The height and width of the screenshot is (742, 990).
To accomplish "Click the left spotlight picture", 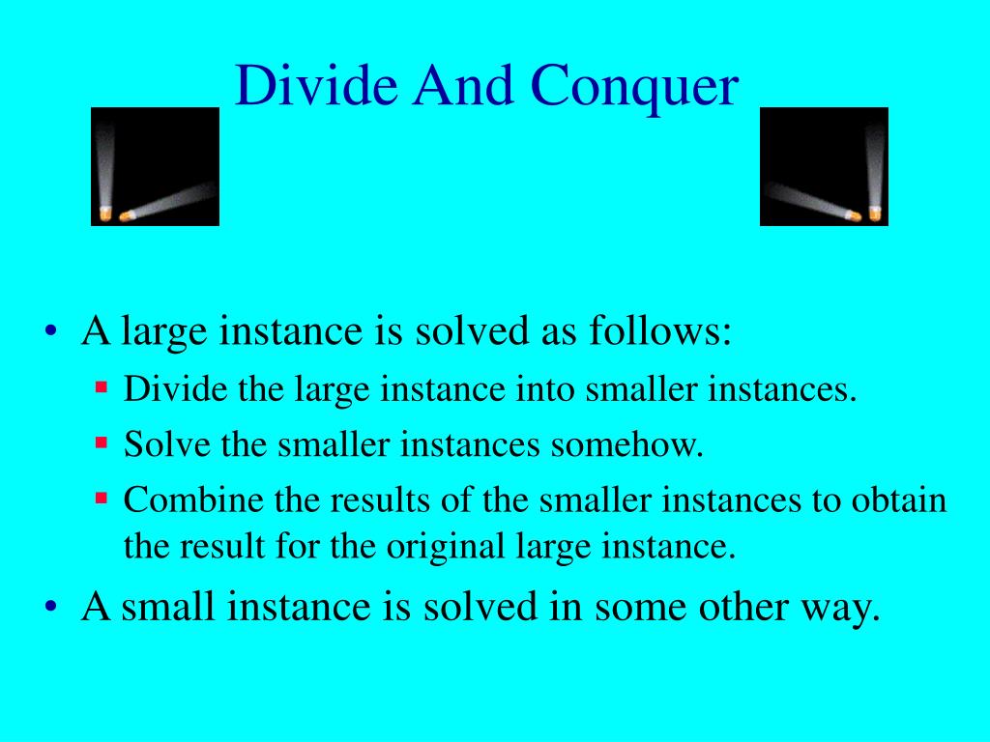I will tap(155, 166).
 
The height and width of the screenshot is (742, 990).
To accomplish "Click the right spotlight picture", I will tap(824, 166).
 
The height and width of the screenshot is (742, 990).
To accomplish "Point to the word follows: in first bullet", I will tap(660, 331).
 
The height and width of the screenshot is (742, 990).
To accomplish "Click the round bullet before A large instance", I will tap(51, 332).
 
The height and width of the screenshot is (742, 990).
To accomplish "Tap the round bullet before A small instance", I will tap(51, 608).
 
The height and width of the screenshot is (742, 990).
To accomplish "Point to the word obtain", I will tap(898, 500).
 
